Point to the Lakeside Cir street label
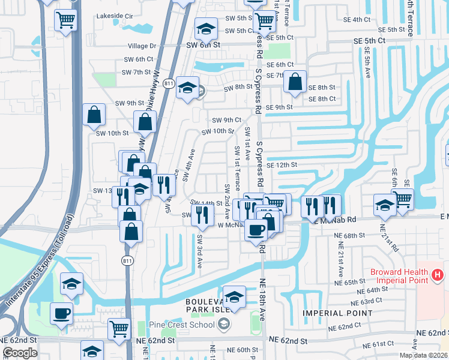click(115, 17)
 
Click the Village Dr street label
click(142, 46)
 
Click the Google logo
click(19, 353)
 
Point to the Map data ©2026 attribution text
click(424, 355)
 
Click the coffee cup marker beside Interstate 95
click(62, 313)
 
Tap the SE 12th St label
click(282, 164)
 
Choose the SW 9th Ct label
click(227, 120)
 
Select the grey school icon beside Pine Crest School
click(223, 325)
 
